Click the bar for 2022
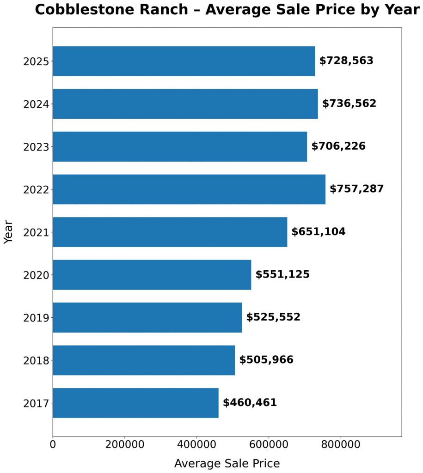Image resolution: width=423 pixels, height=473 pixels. click(189, 189)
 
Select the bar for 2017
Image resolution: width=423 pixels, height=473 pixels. click(135, 403)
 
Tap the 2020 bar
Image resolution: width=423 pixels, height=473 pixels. click(152, 275)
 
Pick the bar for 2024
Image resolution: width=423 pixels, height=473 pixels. click(185, 104)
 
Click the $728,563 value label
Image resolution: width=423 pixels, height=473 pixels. click(346, 61)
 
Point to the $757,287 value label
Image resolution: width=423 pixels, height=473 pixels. click(356, 189)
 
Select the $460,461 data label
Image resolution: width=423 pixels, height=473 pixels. click(250, 403)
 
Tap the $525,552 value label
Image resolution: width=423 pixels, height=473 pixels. click(273, 317)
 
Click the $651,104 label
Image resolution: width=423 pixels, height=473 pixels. click(318, 232)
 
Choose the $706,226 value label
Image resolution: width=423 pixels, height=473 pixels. click(338, 146)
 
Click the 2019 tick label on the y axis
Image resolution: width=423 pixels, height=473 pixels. click(36, 318)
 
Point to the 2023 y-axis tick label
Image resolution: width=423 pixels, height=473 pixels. click(36, 147)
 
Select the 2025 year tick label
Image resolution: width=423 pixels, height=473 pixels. click(36, 61)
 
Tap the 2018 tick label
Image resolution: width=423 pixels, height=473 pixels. click(36, 360)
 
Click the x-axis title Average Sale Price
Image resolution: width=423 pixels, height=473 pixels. click(227, 463)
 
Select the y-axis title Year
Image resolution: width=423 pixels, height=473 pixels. click(8, 232)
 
